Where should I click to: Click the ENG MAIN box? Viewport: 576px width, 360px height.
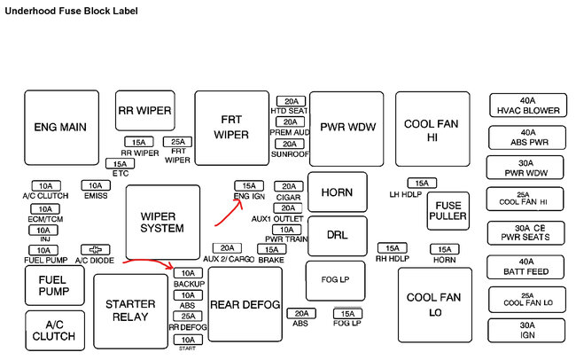(x=60, y=128)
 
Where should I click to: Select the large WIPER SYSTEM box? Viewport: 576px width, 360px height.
(x=162, y=222)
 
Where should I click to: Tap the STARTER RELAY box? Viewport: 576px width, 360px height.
(x=130, y=310)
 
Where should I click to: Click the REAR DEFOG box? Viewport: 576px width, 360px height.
(x=245, y=305)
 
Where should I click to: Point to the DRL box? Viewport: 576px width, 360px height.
(x=337, y=235)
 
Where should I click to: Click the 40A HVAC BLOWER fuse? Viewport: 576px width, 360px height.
(x=528, y=106)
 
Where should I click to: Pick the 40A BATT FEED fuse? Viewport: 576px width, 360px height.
(x=528, y=267)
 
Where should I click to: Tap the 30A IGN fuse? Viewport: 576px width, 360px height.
(x=528, y=331)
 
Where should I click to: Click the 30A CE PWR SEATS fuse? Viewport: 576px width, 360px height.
(x=528, y=232)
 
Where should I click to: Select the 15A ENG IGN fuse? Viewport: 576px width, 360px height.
(x=246, y=186)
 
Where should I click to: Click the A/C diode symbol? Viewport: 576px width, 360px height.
(x=93, y=250)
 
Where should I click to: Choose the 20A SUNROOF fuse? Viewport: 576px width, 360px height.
(x=290, y=144)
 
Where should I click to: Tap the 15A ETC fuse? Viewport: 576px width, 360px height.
(x=120, y=164)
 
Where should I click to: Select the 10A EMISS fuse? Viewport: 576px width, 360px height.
(x=95, y=185)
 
